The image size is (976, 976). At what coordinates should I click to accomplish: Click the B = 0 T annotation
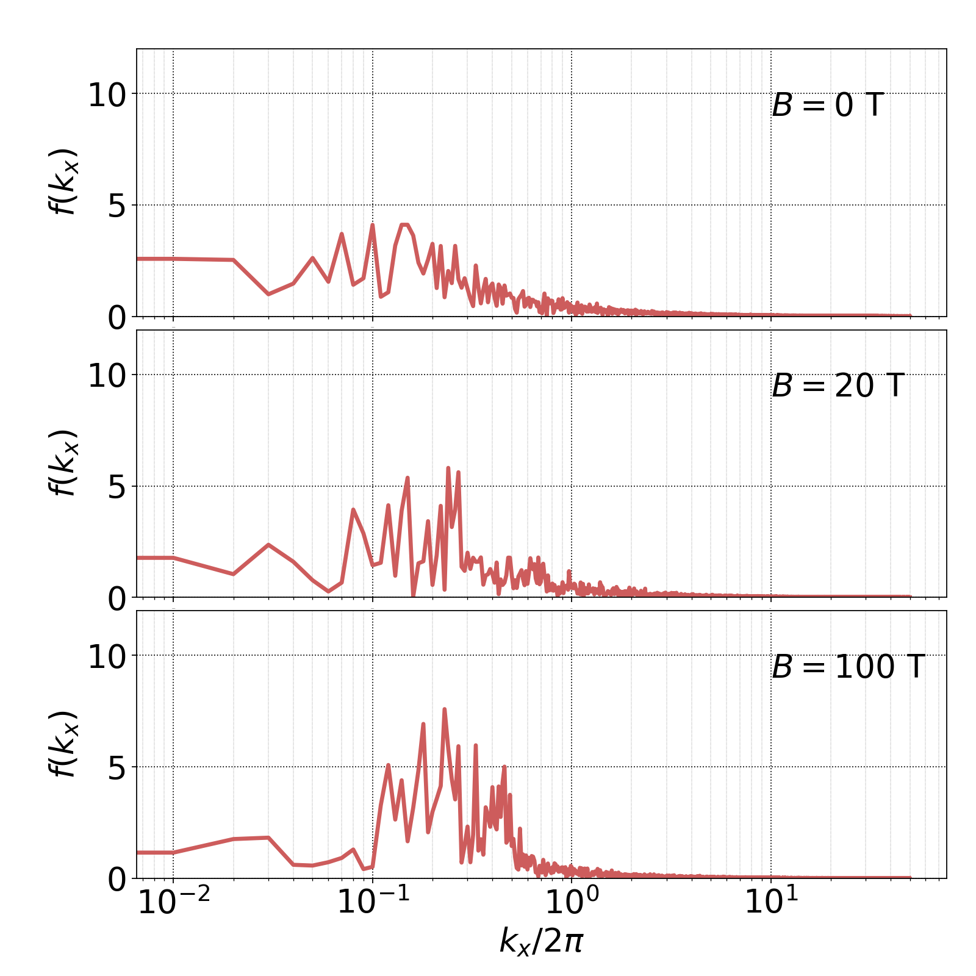click(x=827, y=106)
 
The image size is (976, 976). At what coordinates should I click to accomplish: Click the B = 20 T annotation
click(x=837, y=386)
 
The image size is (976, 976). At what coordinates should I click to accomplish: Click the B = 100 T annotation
click(x=848, y=667)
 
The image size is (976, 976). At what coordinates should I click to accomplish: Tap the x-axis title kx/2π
click(x=541, y=940)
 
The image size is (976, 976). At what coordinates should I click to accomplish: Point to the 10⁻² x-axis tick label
click(x=174, y=902)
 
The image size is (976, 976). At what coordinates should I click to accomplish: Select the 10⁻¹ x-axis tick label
click(x=373, y=902)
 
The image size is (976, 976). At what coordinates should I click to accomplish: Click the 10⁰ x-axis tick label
click(x=572, y=902)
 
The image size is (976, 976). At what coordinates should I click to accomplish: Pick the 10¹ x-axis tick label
click(x=771, y=902)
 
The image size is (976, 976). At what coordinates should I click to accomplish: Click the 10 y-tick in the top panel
click(x=106, y=96)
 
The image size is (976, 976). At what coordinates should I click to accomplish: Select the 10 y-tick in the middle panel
click(x=106, y=376)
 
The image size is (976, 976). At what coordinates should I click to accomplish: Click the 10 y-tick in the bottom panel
click(x=106, y=658)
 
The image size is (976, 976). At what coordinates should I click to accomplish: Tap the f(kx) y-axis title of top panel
click(x=63, y=182)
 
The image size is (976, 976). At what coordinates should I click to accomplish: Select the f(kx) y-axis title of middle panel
click(x=63, y=463)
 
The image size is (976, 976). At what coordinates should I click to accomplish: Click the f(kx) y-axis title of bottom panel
click(x=63, y=744)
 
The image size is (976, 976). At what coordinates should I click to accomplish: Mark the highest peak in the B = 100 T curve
click(x=444, y=709)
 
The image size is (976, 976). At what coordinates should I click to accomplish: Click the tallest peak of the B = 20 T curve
click(x=448, y=468)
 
